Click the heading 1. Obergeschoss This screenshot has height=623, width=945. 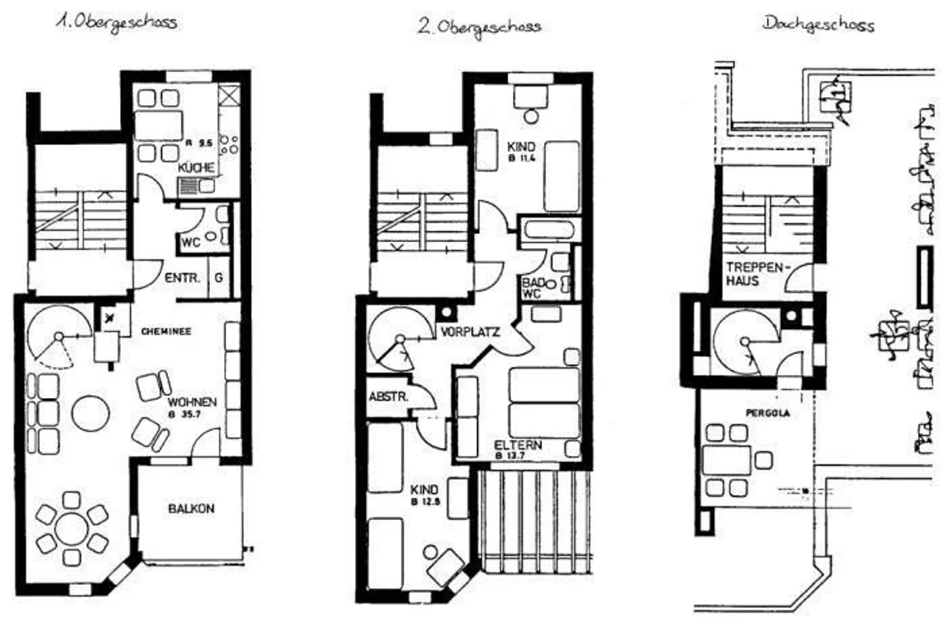[116, 22]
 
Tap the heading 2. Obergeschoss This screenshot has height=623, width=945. [480, 27]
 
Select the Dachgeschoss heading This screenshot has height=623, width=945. [818, 24]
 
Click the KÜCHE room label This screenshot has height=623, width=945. [196, 168]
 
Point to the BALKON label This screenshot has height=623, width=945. [191, 508]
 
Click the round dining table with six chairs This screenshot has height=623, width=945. [72, 529]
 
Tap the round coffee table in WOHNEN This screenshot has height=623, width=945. [91, 414]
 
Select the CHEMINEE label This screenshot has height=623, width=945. [166, 332]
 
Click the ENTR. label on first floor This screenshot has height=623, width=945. [182, 278]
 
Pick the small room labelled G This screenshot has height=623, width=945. [219, 278]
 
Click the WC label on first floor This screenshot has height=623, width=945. [190, 243]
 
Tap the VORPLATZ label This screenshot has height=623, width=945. [470, 332]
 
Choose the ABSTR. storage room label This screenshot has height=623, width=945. [388, 397]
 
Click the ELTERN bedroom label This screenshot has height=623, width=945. [518, 445]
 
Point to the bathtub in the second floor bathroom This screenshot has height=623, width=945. [547, 231]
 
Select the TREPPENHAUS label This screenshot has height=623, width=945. [755, 274]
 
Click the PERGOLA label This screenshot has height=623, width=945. [767, 413]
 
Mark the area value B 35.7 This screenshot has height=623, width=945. [184, 414]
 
